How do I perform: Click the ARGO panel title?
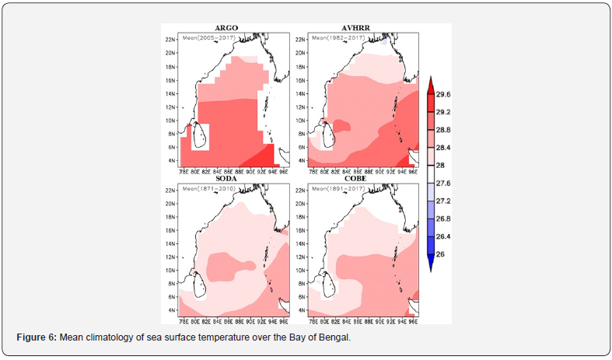(226, 28)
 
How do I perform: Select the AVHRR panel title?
(355, 28)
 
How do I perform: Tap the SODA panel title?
(226, 179)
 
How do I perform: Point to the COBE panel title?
(355, 179)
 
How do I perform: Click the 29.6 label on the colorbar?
(443, 94)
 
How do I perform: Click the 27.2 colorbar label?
(443, 201)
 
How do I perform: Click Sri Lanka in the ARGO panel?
(199, 138)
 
